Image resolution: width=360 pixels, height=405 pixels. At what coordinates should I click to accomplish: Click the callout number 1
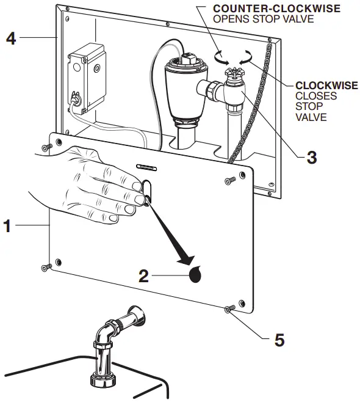click(7, 226)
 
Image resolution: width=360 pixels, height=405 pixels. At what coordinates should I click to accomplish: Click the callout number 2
click(143, 276)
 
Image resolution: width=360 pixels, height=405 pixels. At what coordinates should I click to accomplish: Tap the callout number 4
click(10, 38)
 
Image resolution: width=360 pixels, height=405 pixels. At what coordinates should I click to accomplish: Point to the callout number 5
click(279, 339)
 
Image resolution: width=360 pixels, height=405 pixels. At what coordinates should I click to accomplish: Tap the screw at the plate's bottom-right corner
click(229, 310)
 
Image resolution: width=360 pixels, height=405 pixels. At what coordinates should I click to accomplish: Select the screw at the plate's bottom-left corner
click(46, 267)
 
